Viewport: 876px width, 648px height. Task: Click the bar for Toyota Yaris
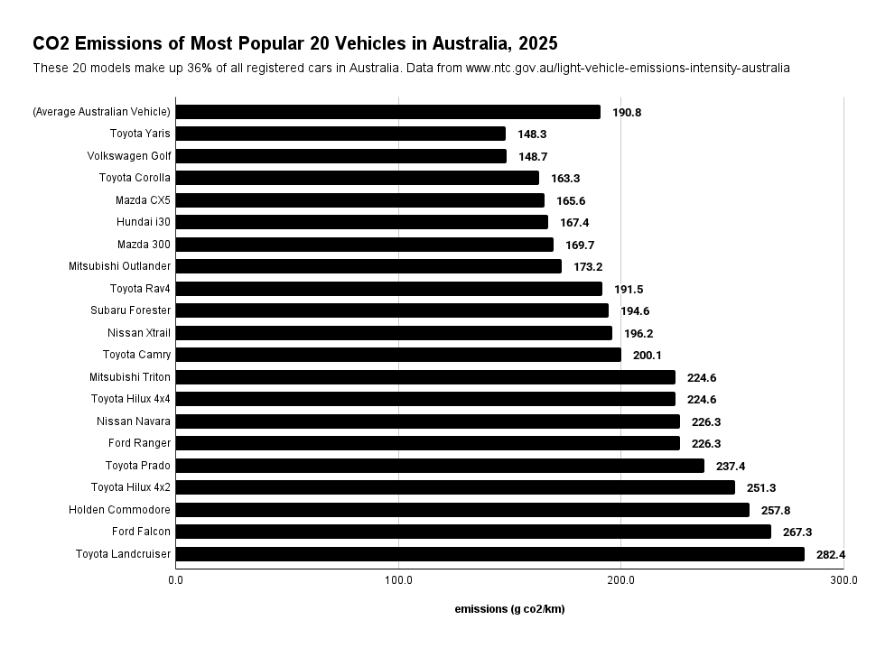coord(340,134)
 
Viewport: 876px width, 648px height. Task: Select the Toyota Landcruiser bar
coord(489,554)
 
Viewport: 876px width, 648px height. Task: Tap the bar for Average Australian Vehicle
coord(387,112)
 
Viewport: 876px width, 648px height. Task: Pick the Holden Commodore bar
coord(462,510)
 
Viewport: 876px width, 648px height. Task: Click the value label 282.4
coord(831,554)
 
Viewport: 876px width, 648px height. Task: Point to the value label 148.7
coord(533,156)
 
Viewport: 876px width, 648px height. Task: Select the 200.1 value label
coord(647,355)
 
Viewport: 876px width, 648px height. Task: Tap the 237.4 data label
coord(731,466)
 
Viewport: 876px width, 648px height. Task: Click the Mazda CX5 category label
coord(143,200)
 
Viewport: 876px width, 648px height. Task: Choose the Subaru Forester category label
coord(130,310)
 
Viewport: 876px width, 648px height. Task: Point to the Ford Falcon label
coord(141,532)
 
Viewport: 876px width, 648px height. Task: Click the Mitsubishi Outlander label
coord(119,266)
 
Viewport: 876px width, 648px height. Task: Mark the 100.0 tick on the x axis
coord(398,580)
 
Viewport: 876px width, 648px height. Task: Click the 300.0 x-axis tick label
coord(843,580)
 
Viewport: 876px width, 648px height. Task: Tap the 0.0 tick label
coord(176,580)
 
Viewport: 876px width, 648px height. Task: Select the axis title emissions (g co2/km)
coord(509,609)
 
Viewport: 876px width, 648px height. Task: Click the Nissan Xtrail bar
coord(394,333)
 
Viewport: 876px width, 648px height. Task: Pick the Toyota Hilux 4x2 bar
coord(455,487)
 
